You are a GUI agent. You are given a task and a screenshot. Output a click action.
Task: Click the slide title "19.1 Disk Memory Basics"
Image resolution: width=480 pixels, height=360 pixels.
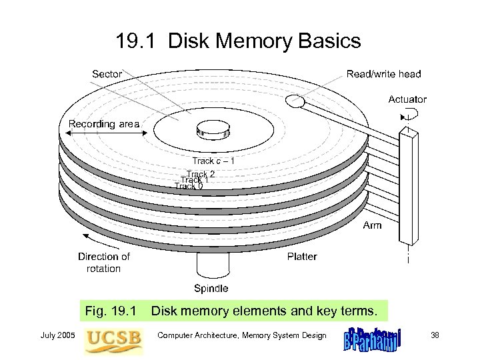238,42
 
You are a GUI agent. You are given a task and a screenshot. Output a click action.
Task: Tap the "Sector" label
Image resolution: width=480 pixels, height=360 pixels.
107,73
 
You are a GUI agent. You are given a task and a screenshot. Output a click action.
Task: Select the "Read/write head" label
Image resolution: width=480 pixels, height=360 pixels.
383,74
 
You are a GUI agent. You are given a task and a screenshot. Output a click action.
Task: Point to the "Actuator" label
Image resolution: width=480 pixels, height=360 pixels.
407,99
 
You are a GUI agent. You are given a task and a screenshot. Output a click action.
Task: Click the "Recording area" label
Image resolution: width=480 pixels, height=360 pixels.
104,124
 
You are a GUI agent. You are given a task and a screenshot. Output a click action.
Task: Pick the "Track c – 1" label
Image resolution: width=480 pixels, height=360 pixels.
213,161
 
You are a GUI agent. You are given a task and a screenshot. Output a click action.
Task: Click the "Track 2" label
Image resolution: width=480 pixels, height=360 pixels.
201,174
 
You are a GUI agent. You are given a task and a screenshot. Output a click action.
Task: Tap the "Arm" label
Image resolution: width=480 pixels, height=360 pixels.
372,225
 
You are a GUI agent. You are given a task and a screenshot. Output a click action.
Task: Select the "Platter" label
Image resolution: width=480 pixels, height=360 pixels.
302,256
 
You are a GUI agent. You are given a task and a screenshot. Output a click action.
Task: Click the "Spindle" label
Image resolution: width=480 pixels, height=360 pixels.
211,289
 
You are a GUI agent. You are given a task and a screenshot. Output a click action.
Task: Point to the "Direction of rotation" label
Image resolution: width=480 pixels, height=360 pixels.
103,263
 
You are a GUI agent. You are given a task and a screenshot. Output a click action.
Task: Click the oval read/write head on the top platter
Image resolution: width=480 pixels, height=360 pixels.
293,101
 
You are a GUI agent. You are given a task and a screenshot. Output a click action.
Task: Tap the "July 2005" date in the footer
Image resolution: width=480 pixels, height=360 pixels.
61,335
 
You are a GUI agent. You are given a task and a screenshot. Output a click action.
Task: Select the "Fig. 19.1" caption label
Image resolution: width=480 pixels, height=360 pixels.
110,310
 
